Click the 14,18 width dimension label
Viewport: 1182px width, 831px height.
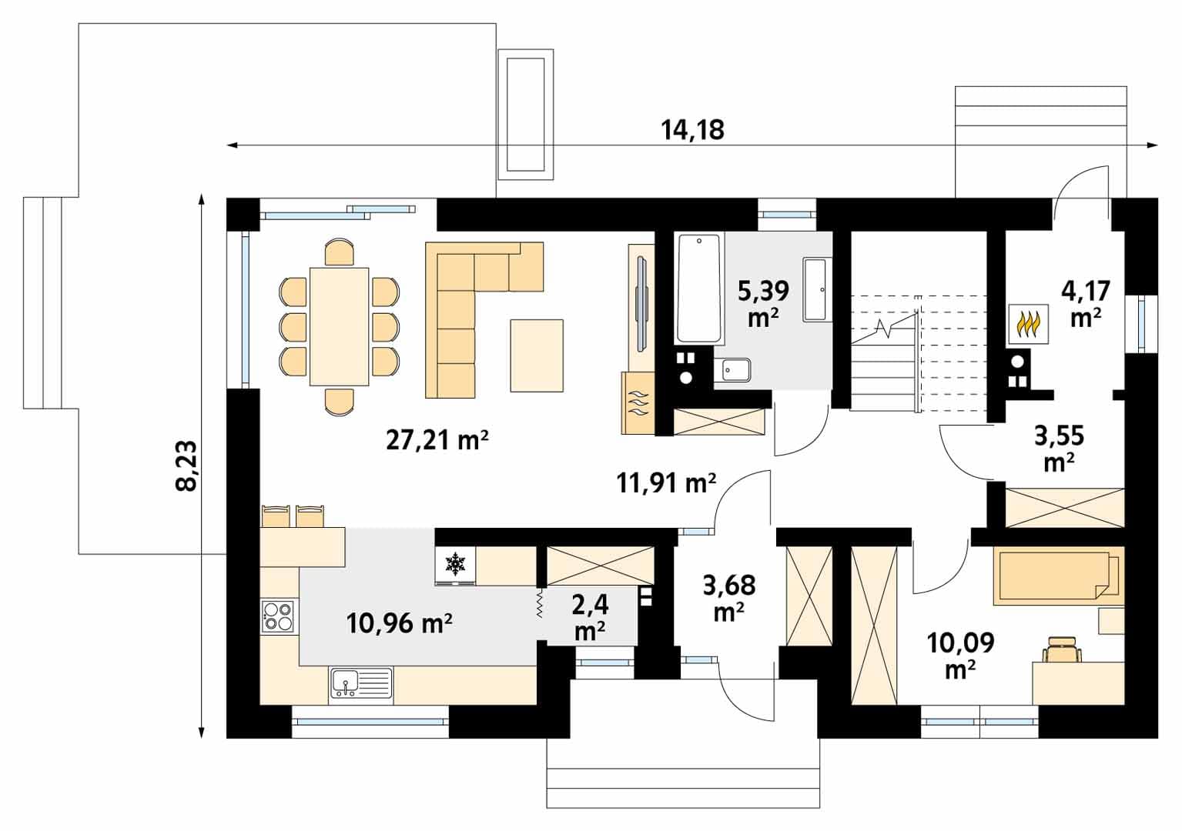click(x=692, y=130)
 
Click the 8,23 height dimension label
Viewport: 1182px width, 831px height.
click(x=186, y=466)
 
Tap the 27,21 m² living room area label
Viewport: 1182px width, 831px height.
click(x=437, y=440)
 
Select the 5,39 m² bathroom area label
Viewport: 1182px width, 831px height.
click(x=763, y=304)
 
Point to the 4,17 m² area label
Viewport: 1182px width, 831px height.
click(x=1086, y=304)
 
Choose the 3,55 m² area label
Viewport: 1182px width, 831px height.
click(x=1059, y=449)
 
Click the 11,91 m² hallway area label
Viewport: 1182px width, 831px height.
click(x=666, y=483)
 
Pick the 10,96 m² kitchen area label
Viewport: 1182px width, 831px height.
click(x=399, y=623)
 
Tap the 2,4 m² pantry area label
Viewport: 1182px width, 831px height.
click(x=590, y=616)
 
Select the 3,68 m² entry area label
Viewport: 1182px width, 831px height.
click(x=729, y=598)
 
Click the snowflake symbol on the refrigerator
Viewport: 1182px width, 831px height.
click(x=455, y=563)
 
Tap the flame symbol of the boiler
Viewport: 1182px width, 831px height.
click(x=1028, y=324)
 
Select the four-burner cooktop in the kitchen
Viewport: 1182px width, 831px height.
click(x=278, y=616)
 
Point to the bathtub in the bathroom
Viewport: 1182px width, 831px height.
click(x=699, y=289)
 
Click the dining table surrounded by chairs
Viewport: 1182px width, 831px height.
click(x=339, y=326)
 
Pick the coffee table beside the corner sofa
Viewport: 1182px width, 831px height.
click(x=536, y=355)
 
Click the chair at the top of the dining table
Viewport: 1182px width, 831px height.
click(x=340, y=252)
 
